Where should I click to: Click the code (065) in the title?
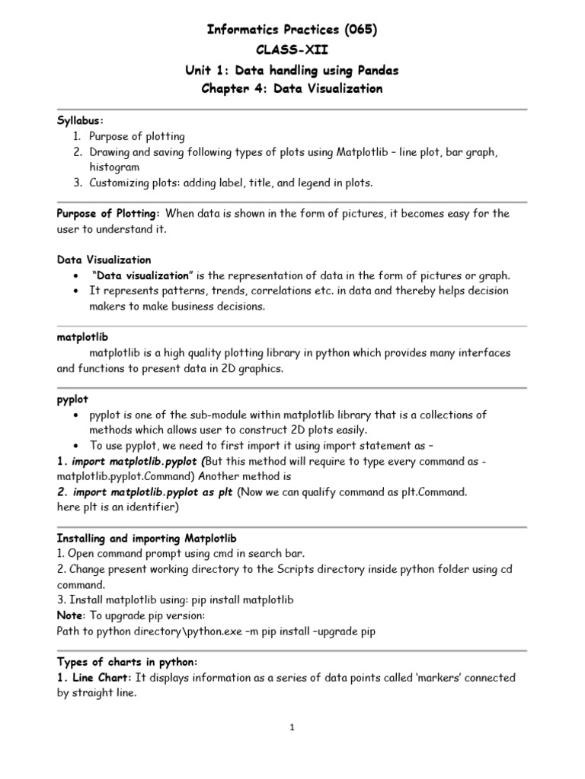357,30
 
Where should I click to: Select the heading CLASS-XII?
292,49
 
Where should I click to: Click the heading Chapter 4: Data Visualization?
292,89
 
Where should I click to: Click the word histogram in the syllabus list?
114,167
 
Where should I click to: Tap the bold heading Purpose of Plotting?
108,214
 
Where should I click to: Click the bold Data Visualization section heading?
104,260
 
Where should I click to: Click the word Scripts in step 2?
315,569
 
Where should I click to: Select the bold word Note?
70,615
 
